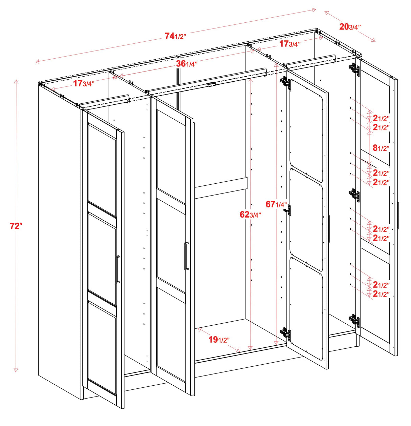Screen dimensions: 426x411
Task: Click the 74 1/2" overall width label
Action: [x=175, y=36]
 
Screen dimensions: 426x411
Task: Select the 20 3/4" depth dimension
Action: [x=350, y=27]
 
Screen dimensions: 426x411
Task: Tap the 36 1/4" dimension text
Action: [x=187, y=63]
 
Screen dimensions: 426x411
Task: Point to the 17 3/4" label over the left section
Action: [x=84, y=83]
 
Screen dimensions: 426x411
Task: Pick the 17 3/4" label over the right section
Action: [x=289, y=44]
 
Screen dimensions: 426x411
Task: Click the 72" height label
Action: [x=16, y=226]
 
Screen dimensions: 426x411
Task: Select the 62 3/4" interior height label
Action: [x=250, y=215]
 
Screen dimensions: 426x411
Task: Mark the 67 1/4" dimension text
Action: [x=276, y=204]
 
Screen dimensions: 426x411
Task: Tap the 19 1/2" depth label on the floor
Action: [x=219, y=340]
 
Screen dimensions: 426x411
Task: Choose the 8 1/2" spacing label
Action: [x=381, y=148]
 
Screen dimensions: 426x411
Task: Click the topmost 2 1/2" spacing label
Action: [x=381, y=118]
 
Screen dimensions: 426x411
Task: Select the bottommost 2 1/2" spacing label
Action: [x=381, y=294]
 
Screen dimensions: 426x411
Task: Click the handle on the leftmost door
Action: [x=117, y=269]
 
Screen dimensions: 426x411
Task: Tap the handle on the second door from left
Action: [x=186, y=256]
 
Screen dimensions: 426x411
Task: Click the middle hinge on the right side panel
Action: [x=354, y=195]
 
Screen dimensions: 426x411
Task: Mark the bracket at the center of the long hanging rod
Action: [x=211, y=84]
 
